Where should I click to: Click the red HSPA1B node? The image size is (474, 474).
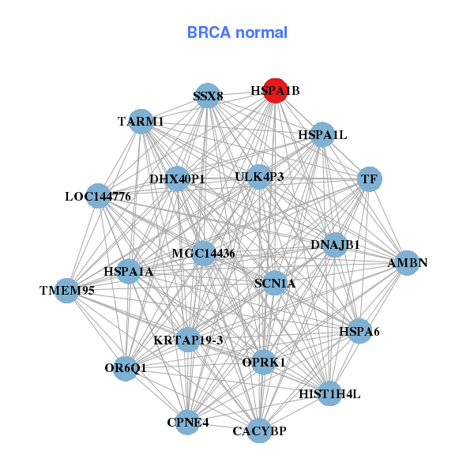click(275, 91)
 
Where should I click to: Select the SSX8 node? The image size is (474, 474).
click(207, 96)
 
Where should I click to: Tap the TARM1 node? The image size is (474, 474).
click(141, 121)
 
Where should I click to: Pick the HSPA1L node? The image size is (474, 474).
click(322, 135)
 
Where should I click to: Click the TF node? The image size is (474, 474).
click(369, 179)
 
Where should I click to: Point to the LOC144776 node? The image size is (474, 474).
click(98, 195)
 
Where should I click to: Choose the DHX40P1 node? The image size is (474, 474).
click(177, 179)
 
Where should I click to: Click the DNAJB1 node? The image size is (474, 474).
click(335, 245)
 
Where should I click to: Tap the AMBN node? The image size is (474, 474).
click(406, 263)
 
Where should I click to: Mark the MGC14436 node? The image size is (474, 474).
click(203, 253)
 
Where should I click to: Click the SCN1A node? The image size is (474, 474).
click(275, 283)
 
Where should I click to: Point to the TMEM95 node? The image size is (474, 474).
click(67, 290)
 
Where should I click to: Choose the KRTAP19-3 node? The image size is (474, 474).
click(189, 340)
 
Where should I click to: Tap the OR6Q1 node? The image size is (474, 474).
click(125, 368)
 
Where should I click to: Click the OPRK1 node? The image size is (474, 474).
click(264, 362)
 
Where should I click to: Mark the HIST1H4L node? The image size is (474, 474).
click(329, 393)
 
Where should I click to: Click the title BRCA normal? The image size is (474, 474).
click(237, 33)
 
